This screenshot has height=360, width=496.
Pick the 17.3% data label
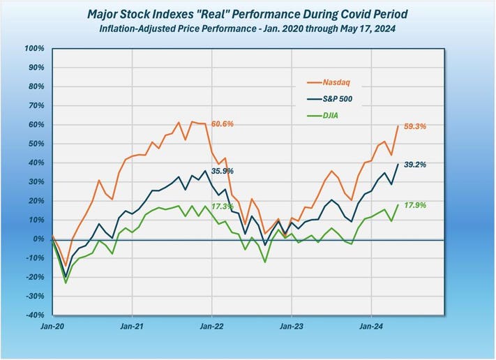point(223,207)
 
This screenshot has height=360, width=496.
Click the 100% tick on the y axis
point(34,49)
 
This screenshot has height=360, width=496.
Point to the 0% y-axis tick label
point(39,239)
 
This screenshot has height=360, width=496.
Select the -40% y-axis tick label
point(34,315)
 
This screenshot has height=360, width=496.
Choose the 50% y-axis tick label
point(36,144)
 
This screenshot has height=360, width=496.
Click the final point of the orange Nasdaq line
point(398,126)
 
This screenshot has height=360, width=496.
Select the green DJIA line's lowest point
point(66,283)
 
